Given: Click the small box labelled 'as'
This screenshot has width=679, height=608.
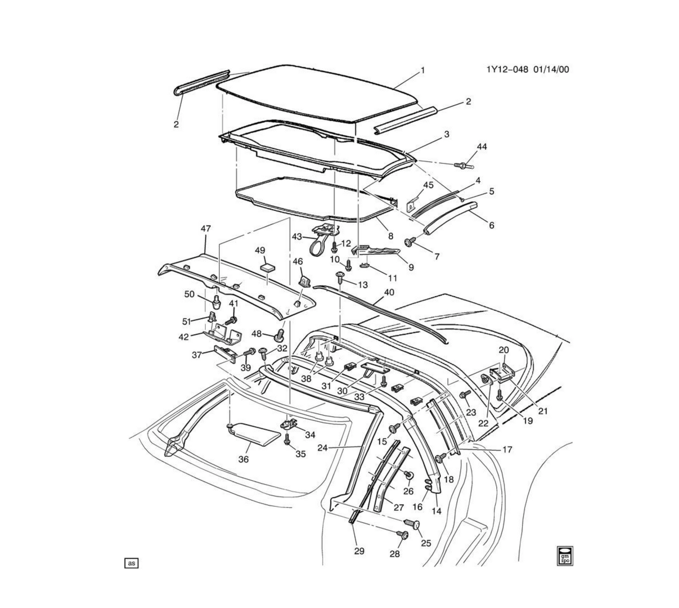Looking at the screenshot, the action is click(131, 563).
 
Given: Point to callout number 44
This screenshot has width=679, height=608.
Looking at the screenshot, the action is click(482, 147).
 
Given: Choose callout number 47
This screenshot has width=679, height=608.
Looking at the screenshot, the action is click(205, 229).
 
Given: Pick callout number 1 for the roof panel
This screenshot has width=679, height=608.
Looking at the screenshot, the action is click(422, 71).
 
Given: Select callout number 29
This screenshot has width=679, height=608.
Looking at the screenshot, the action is click(359, 551).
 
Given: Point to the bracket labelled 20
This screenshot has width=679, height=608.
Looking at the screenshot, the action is click(502, 372).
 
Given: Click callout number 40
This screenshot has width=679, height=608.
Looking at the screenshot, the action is click(389, 292).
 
